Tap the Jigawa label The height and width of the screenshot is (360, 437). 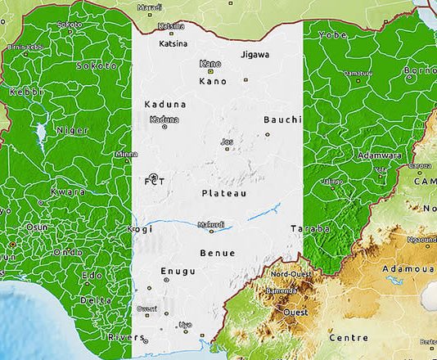point(255,55)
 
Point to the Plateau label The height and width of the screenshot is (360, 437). point(223,193)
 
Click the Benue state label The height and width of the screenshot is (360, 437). point(217,254)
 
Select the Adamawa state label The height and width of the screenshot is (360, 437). point(379,155)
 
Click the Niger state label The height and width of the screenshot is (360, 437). point(72,130)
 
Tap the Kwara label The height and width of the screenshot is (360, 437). point(69,191)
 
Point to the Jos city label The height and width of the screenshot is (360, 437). point(227,142)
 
